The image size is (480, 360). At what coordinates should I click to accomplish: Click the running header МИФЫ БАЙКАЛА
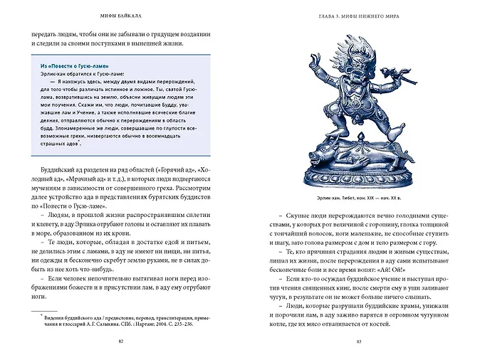tap(125, 15)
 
